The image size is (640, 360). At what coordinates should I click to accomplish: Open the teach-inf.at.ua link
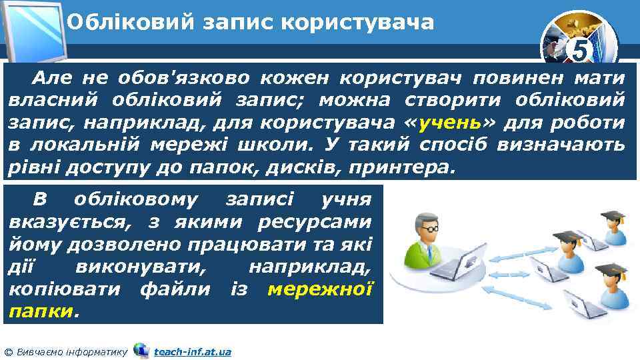(x=192, y=351)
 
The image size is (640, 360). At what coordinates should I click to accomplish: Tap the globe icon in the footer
(x=141, y=349)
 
